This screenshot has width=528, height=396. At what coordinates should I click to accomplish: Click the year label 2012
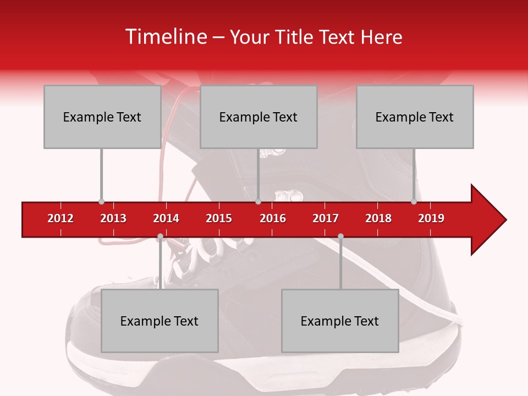coord(61,218)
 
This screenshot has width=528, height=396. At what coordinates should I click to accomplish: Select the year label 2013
coord(113,218)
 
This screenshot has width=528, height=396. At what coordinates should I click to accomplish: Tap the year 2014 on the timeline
coord(166,218)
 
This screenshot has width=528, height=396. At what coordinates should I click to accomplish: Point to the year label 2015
coord(219,218)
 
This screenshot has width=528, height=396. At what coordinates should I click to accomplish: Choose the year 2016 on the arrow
coord(273,218)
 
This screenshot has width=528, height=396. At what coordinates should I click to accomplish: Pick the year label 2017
coord(326,218)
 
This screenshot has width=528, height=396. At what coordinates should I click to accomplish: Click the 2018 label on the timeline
coord(378,218)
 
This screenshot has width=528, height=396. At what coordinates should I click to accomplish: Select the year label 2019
coord(431,218)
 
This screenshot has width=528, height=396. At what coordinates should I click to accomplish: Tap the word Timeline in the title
coord(165,37)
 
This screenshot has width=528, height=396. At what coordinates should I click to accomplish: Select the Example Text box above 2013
coord(102,117)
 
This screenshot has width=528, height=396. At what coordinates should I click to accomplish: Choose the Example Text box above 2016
coord(258,117)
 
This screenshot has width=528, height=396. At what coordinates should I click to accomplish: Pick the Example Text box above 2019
coord(415,117)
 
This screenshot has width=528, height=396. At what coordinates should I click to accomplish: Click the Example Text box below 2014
coord(159,321)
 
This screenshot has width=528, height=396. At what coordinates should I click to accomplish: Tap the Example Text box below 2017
coord(340,321)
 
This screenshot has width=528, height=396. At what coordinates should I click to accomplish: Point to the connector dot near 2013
coord(101,201)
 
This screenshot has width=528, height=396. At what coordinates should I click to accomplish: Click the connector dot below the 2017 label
coord(340,237)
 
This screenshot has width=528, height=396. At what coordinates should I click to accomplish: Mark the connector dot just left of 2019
coord(414,201)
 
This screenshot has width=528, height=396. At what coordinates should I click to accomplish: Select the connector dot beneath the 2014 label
coord(160,237)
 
